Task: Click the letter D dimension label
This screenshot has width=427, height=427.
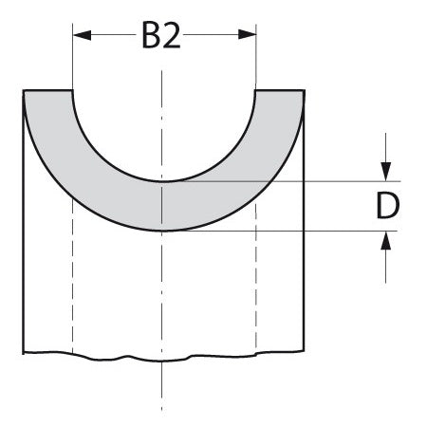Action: pos(386,206)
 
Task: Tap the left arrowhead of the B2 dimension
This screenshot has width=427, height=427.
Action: pos(81,35)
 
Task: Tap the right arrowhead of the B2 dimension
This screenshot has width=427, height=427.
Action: pos(249,35)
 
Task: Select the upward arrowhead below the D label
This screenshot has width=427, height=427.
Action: pos(386,239)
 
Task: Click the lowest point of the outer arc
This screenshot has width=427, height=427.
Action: pos(164,230)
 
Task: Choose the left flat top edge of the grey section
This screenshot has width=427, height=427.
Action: pos(47,90)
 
